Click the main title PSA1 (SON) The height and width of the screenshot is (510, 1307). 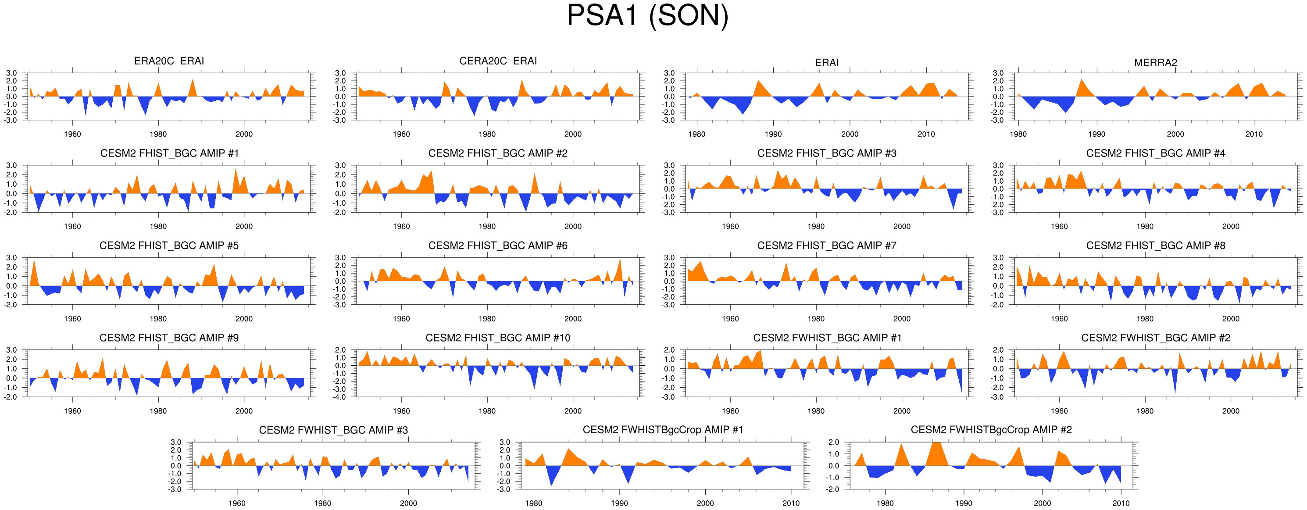pyautogui.click(x=647, y=15)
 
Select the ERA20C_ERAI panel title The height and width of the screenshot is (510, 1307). pyautogui.click(x=169, y=61)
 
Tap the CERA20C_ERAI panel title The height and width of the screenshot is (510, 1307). pyautogui.click(x=498, y=61)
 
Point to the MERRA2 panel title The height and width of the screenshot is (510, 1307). pyautogui.click(x=1155, y=63)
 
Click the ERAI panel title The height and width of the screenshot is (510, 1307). pyautogui.click(x=826, y=63)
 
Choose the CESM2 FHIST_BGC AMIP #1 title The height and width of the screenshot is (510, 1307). pyautogui.click(x=169, y=153)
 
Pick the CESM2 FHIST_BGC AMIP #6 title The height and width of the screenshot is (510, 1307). pyautogui.click(x=498, y=246)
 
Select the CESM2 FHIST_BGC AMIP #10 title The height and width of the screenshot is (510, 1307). pyautogui.click(x=498, y=338)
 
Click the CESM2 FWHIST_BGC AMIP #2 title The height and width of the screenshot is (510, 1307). pyautogui.click(x=1155, y=338)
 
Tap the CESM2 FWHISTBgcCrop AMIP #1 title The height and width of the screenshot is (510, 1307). pyautogui.click(x=663, y=430)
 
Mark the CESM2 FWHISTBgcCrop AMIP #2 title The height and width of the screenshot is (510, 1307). pyautogui.click(x=991, y=430)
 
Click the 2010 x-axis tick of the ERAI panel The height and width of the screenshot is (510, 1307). pyautogui.click(x=926, y=135)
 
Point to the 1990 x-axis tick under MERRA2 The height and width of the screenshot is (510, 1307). pyautogui.click(x=1096, y=135)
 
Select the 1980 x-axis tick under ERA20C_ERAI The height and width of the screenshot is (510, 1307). pyautogui.click(x=158, y=135)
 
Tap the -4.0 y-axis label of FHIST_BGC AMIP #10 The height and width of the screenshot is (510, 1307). pyautogui.click(x=340, y=397)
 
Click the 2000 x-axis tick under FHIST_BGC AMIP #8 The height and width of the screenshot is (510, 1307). pyautogui.click(x=1230, y=319)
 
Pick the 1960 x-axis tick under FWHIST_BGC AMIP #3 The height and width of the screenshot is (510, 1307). pyautogui.click(x=237, y=503)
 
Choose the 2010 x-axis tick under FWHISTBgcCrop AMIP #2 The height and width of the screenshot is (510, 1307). pyautogui.click(x=1121, y=503)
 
